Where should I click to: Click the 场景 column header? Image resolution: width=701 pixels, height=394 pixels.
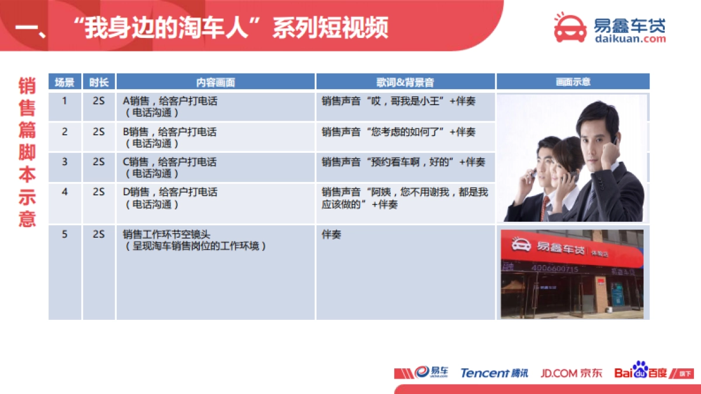coord(64,82)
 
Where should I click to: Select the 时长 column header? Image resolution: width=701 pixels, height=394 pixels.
coord(99,82)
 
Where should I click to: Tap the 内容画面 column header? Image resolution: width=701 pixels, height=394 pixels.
coord(216,82)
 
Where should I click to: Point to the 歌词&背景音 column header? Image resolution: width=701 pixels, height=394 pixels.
coord(405,82)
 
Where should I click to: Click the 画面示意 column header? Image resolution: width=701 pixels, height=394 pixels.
coord(572,82)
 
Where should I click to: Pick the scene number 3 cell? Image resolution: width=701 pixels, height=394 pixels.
coord(64,162)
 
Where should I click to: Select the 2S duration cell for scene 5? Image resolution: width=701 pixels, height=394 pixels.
coord(99,234)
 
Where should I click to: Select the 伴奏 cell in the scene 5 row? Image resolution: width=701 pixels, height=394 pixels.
coord(332,235)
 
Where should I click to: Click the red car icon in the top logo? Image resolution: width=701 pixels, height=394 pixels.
coord(570,27)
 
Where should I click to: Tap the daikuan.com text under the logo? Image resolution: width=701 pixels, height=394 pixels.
coord(630,39)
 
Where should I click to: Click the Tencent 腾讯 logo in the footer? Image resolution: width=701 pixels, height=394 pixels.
coord(494,373)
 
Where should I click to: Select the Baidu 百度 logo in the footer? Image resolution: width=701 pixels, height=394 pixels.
coord(640,372)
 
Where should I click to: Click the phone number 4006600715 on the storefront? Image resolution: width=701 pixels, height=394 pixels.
coord(554,269)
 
